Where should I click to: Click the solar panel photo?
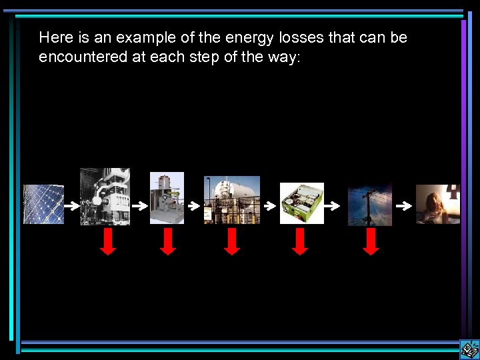(44, 204)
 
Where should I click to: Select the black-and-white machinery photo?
(105, 196)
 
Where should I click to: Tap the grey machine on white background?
(167, 198)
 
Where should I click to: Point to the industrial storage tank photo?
(232, 200)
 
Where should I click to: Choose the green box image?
(301, 203)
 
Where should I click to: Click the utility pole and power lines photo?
(370, 205)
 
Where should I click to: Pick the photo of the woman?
(438, 204)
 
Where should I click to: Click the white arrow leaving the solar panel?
(71, 206)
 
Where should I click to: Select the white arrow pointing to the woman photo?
(404, 207)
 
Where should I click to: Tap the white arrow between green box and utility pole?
(336, 207)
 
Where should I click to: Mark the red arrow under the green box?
(301, 241)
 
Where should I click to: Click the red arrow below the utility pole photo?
(371, 241)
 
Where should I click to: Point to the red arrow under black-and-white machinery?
(108, 241)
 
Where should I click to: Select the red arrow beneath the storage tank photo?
(231, 241)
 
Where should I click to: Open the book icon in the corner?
(469, 349)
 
